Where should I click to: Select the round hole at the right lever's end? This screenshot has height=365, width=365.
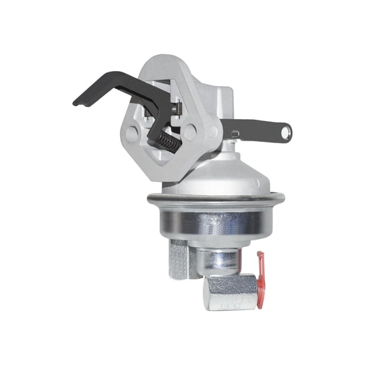[x=286, y=132]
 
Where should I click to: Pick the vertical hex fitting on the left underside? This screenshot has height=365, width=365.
[x=179, y=258]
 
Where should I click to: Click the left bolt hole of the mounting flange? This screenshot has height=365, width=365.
[x=132, y=134]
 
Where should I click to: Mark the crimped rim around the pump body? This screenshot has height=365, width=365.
[x=215, y=202]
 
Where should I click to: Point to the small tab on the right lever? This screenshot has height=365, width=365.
[x=234, y=134]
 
